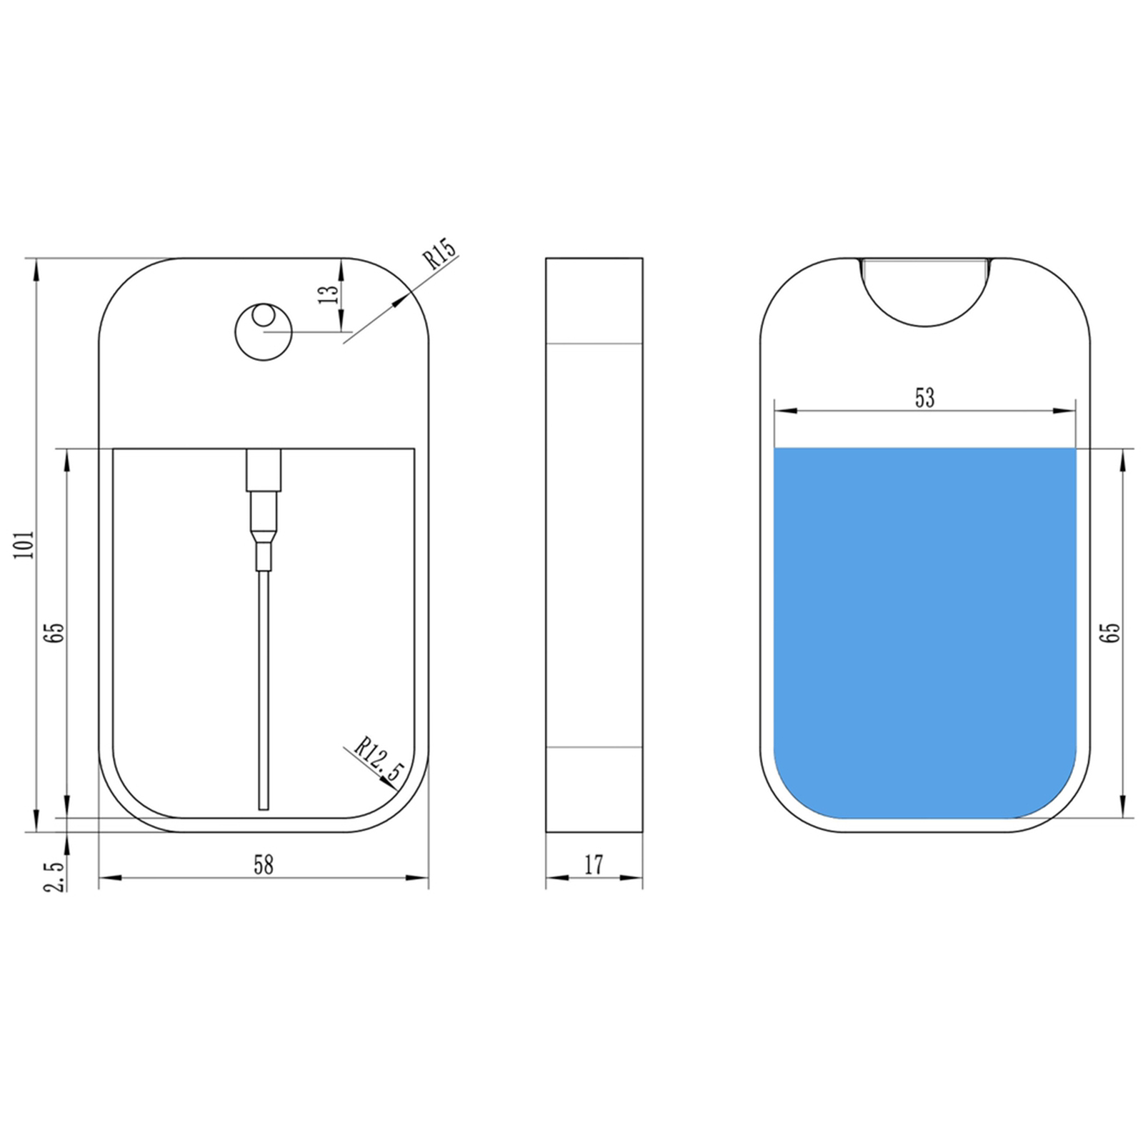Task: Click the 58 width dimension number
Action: [264, 865]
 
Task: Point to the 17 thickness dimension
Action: [594, 865]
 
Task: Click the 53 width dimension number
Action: [924, 398]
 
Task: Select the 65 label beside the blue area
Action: [1112, 633]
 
